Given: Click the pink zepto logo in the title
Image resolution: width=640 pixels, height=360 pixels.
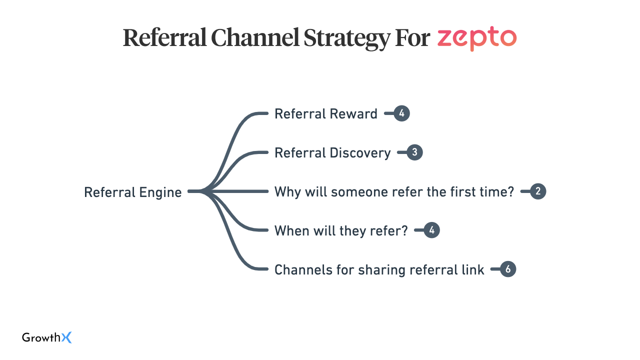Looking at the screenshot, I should (x=476, y=38).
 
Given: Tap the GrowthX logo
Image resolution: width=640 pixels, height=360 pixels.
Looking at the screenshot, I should (x=47, y=338).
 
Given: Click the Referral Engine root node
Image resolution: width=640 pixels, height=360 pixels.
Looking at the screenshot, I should (x=132, y=192).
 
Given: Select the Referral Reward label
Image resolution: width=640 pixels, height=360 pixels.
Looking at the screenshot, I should (x=325, y=114).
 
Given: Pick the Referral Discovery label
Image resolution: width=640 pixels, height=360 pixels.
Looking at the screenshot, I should (x=332, y=153).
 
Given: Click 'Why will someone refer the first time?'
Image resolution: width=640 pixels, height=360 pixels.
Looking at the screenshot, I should (x=394, y=192).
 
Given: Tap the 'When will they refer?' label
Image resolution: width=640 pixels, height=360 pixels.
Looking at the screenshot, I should (x=341, y=231).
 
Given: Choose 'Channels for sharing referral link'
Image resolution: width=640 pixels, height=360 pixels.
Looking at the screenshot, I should (x=379, y=270).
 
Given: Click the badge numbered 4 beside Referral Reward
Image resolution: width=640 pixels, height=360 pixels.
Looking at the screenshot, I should (x=401, y=114).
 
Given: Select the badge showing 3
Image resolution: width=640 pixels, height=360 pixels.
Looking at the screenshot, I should (x=414, y=153).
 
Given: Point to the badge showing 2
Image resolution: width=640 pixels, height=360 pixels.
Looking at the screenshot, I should (x=538, y=192).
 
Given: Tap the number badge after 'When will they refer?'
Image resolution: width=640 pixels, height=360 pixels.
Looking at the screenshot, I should (x=431, y=231).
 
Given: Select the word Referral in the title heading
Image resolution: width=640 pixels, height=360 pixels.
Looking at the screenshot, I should (x=164, y=38).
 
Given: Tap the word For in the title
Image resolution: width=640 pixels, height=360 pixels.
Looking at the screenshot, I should (x=412, y=38).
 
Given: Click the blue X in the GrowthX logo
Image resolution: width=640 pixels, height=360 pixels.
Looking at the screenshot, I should (x=66, y=338).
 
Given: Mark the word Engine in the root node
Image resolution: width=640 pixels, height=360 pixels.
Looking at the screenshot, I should (x=159, y=192).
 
